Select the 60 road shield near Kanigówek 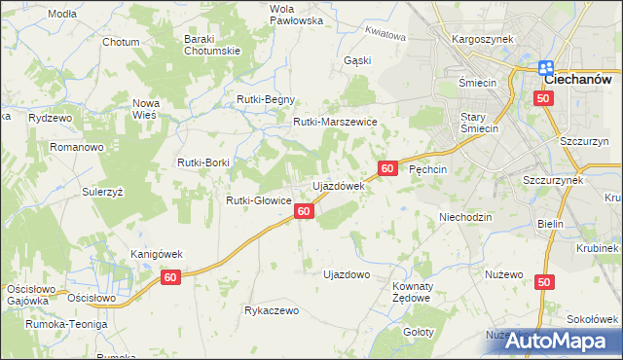point(171,278)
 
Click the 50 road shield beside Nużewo point(543,281)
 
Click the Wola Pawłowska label point(268,14)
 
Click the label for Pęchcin point(427,168)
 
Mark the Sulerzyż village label point(102,192)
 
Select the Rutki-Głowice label point(259,200)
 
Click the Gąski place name point(357,60)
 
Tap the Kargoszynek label point(475,40)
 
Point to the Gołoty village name point(419,332)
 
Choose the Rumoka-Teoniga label point(64,324)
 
